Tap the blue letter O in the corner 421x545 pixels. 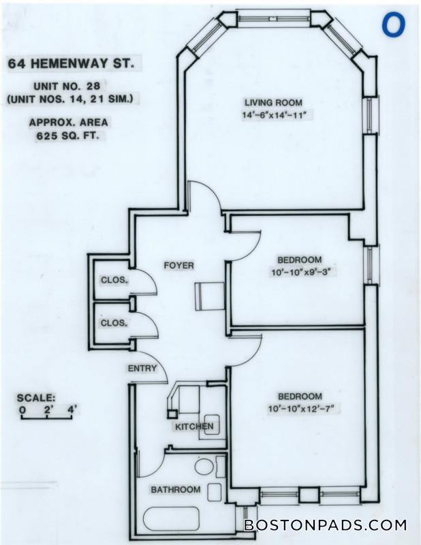(394, 25)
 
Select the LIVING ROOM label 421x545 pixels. (273, 103)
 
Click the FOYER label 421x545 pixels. (178, 265)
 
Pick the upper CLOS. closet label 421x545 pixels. (113, 280)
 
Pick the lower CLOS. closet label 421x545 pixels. (113, 323)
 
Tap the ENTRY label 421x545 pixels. (142, 369)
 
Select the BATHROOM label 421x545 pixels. (176, 489)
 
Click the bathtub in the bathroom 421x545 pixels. (171, 520)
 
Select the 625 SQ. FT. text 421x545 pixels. (68, 136)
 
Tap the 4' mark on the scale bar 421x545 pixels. (72, 410)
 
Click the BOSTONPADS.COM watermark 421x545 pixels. (325, 525)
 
